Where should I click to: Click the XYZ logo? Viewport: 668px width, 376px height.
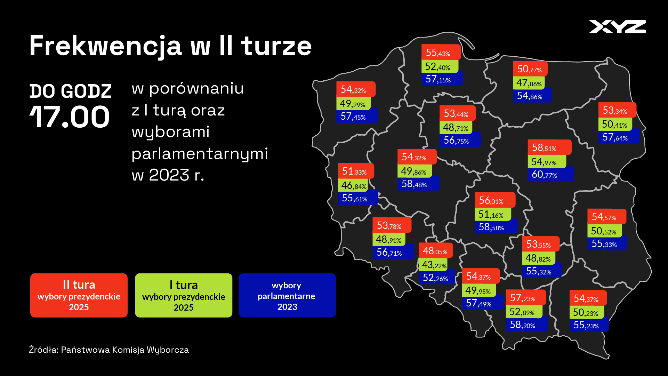point(617,27)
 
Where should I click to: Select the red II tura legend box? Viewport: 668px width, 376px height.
point(79,295)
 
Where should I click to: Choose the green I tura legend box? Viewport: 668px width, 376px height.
point(184,295)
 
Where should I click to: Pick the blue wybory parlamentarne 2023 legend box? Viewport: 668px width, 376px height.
point(287,295)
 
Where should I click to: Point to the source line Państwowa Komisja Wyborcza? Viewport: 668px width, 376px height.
point(109,350)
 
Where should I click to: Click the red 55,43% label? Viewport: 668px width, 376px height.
point(441,52)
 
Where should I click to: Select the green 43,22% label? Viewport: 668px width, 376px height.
point(435,265)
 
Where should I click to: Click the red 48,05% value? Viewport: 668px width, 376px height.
point(435,250)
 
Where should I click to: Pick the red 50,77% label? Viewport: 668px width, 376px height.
point(530,69)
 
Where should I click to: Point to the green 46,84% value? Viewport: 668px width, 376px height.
point(353,185)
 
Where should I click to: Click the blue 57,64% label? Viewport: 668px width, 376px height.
point(619,137)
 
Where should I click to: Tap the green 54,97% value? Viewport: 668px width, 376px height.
point(547,161)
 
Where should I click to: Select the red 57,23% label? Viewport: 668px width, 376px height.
point(526,297)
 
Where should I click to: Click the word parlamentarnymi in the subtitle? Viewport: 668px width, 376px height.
point(200,154)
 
